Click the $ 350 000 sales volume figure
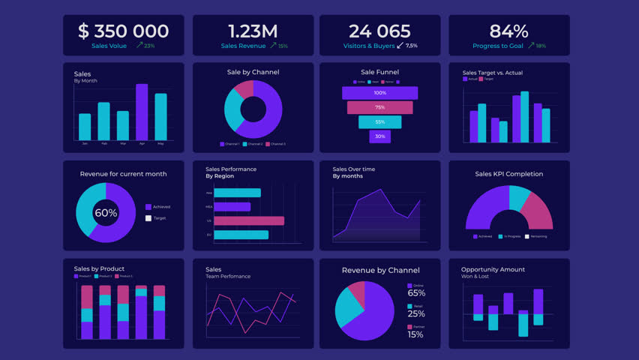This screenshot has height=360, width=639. click(x=123, y=31)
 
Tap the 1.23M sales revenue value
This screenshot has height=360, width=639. click(x=253, y=31)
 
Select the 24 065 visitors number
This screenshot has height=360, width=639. click(x=379, y=31)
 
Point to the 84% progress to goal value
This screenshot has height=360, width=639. click(x=508, y=31)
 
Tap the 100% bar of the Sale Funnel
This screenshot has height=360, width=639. click(x=379, y=93)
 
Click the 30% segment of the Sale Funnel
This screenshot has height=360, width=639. click(x=379, y=136)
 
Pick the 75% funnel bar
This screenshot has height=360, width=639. click(x=379, y=107)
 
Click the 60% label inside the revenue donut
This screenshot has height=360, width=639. click(x=106, y=213)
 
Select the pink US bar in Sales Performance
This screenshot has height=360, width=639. click(x=249, y=220)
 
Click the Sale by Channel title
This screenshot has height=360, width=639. click(x=253, y=73)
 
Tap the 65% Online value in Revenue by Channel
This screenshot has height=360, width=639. click(x=415, y=293)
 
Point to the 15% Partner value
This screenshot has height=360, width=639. click(x=415, y=334)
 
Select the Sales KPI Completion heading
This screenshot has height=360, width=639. click(x=508, y=174)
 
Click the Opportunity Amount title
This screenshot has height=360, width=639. click(x=493, y=269)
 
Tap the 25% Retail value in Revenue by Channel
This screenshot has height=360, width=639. click(x=415, y=313)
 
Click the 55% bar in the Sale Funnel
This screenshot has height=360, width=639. click(x=379, y=122)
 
